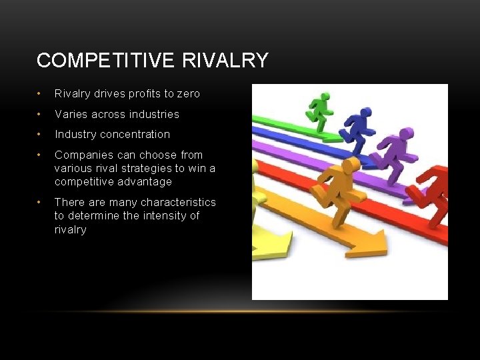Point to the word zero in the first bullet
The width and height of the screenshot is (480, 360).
(x=186, y=94)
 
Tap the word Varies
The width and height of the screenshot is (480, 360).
(x=69, y=114)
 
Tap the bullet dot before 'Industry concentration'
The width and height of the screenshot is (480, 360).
(x=41, y=134)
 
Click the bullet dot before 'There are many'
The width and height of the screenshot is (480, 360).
(x=41, y=202)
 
